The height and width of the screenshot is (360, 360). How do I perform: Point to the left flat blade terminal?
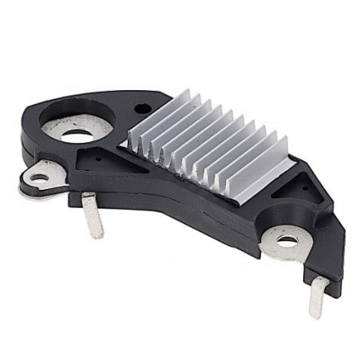91,215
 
